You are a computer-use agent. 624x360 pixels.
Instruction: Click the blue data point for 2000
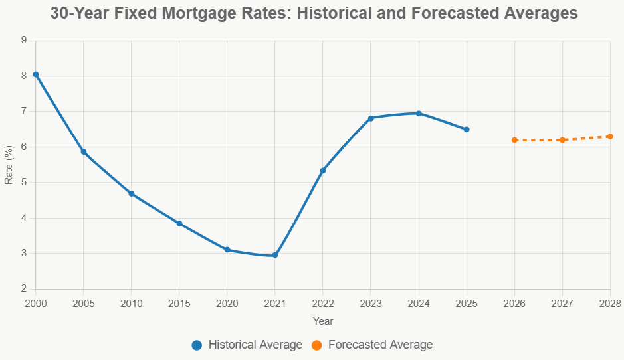36,74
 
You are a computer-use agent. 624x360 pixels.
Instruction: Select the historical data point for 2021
275,255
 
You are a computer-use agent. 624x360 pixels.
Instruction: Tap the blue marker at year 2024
419,113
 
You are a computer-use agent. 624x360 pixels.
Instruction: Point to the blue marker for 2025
467,130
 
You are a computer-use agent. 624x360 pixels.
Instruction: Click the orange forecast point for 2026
514,140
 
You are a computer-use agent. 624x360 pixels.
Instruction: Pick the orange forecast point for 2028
610,136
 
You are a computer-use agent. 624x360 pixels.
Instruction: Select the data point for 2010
132,193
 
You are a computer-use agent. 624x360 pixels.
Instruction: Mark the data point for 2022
323,171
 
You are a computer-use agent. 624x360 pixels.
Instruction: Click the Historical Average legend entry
247,345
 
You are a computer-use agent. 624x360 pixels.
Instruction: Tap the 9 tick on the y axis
23,40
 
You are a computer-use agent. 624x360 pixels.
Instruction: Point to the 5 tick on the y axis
23,182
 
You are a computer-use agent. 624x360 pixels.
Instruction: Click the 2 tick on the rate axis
23,289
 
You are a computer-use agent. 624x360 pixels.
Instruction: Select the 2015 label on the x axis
179,304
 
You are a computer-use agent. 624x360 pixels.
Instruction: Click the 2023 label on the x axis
371,304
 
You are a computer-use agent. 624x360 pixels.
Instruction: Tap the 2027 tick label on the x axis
562,304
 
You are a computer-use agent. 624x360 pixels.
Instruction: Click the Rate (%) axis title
9,164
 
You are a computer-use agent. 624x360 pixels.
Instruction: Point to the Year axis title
323,321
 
